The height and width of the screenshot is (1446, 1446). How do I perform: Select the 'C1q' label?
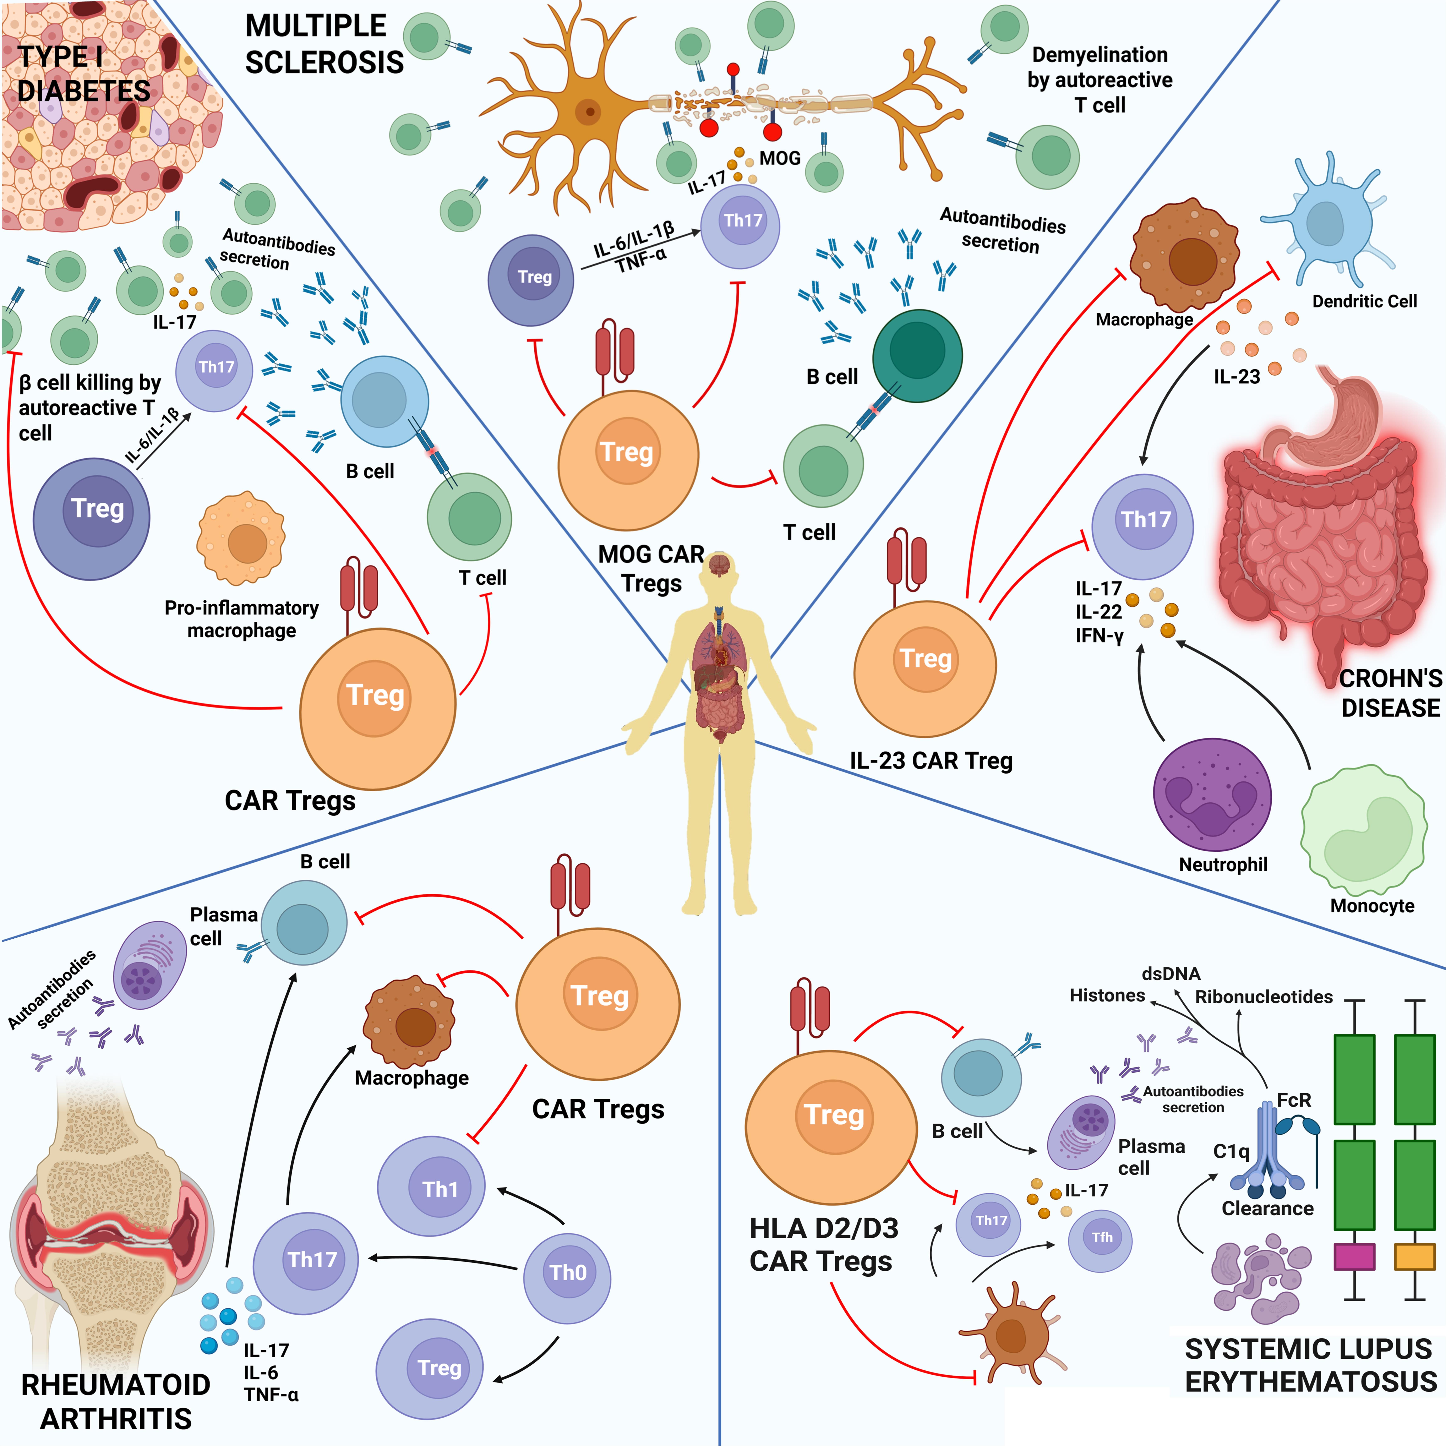(1231, 1151)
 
